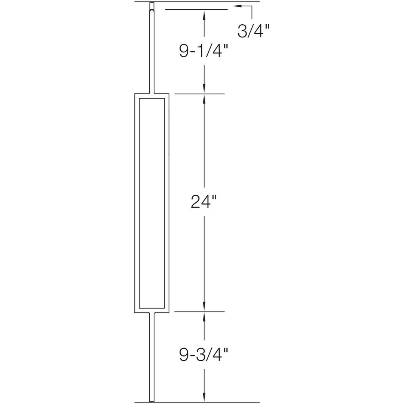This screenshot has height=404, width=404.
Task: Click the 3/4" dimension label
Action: tap(253, 31)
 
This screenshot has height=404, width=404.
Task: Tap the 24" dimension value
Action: tap(203, 202)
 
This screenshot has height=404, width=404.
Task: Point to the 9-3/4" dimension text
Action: tap(203, 355)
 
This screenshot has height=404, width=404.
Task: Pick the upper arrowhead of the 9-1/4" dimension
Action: tap(204, 13)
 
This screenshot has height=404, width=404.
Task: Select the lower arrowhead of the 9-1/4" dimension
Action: tap(204, 89)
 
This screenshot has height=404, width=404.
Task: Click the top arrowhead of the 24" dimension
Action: tap(204, 98)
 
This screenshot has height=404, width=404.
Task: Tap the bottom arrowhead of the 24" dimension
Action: tap(204, 307)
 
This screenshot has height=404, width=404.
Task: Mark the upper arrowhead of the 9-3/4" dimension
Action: tap(204, 316)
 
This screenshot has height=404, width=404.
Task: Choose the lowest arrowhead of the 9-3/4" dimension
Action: tap(204, 397)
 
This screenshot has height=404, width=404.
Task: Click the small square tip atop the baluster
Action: tap(151, 6)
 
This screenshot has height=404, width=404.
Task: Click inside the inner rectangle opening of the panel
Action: tap(151, 202)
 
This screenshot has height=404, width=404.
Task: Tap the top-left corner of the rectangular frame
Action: tap(135, 94)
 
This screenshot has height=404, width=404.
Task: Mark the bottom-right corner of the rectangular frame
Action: tap(169, 312)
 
